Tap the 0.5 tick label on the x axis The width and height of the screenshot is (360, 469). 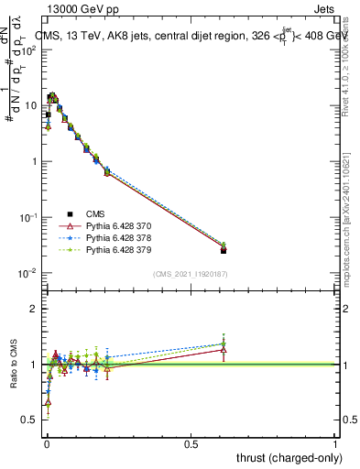click(x=191, y=443)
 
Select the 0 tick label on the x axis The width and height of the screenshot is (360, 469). click(x=47, y=443)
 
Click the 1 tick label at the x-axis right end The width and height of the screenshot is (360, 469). click(x=336, y=443)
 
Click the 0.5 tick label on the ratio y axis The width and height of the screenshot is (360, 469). click(x=32, y=420)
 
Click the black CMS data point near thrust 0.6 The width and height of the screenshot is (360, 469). click(x=224, y=250)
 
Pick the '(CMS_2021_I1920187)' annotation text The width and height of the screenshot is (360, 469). click(x=191, y=274)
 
